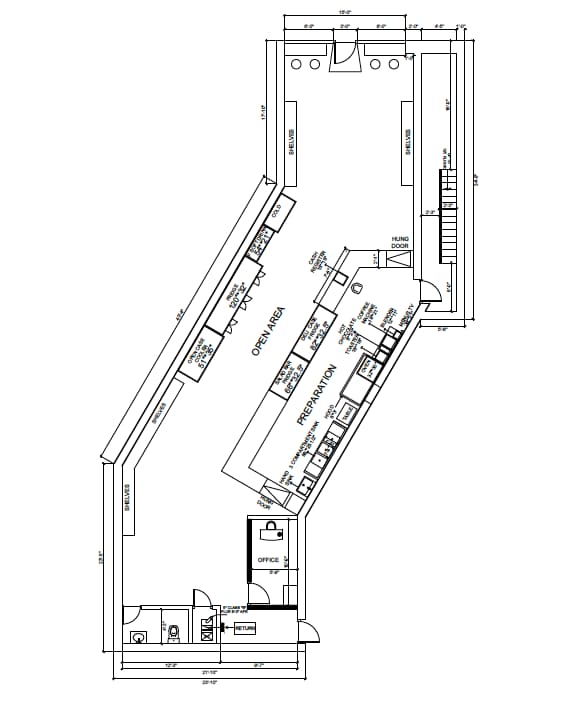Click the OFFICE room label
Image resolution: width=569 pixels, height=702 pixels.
(267, 559)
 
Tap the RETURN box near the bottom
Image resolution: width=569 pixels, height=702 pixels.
(245, 628)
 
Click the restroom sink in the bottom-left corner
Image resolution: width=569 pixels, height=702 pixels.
(138, 634)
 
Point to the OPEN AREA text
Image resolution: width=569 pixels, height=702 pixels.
(269, 330)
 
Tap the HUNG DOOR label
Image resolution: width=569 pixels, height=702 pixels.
(400, 242)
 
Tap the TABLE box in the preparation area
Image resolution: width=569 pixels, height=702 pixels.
(348, 411)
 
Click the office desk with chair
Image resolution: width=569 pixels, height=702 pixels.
(271, 535)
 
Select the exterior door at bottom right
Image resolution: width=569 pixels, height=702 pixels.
(309, 631)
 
